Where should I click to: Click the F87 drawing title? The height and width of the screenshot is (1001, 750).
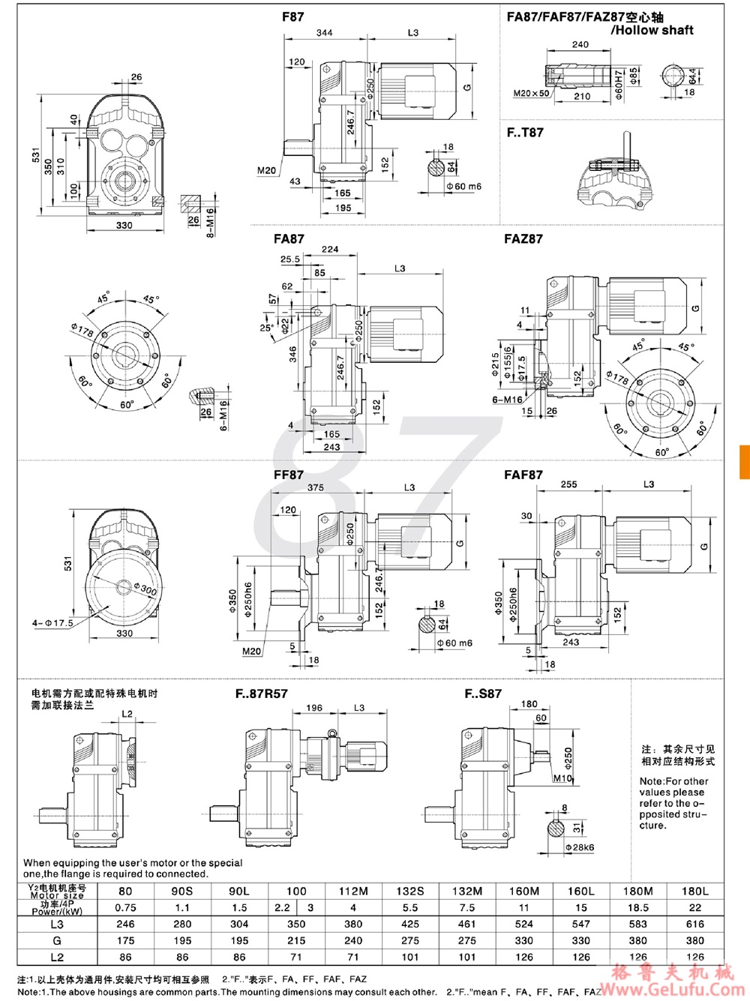(292, 16)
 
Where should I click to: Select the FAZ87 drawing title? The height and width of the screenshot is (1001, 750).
(523, 239)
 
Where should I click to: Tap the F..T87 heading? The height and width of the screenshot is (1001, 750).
(525, 133)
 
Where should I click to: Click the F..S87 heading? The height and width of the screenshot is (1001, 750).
(483, 694)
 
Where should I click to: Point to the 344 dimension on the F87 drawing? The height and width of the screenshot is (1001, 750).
(324, 33)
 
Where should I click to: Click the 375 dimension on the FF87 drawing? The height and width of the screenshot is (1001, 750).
(316, 487)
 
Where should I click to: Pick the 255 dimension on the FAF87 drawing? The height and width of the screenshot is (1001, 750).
(568, 484)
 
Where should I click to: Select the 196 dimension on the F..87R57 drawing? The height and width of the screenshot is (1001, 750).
(314, 708)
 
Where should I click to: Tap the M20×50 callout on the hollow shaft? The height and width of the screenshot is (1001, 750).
(531, 94)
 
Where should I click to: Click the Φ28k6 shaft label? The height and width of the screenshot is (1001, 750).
(579, 847)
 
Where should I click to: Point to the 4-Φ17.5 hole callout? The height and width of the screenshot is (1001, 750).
(52, 623)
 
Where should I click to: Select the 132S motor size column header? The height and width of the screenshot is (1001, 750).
(410, 892)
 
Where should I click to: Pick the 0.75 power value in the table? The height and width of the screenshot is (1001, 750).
(125, 908)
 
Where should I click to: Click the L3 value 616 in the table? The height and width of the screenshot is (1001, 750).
(694, 925)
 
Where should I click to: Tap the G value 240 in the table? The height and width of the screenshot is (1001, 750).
(353, 940)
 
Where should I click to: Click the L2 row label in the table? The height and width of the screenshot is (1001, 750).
(57, 958)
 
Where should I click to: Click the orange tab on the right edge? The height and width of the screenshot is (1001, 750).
(744, 462)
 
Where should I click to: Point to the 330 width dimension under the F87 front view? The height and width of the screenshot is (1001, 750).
(124, 225)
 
